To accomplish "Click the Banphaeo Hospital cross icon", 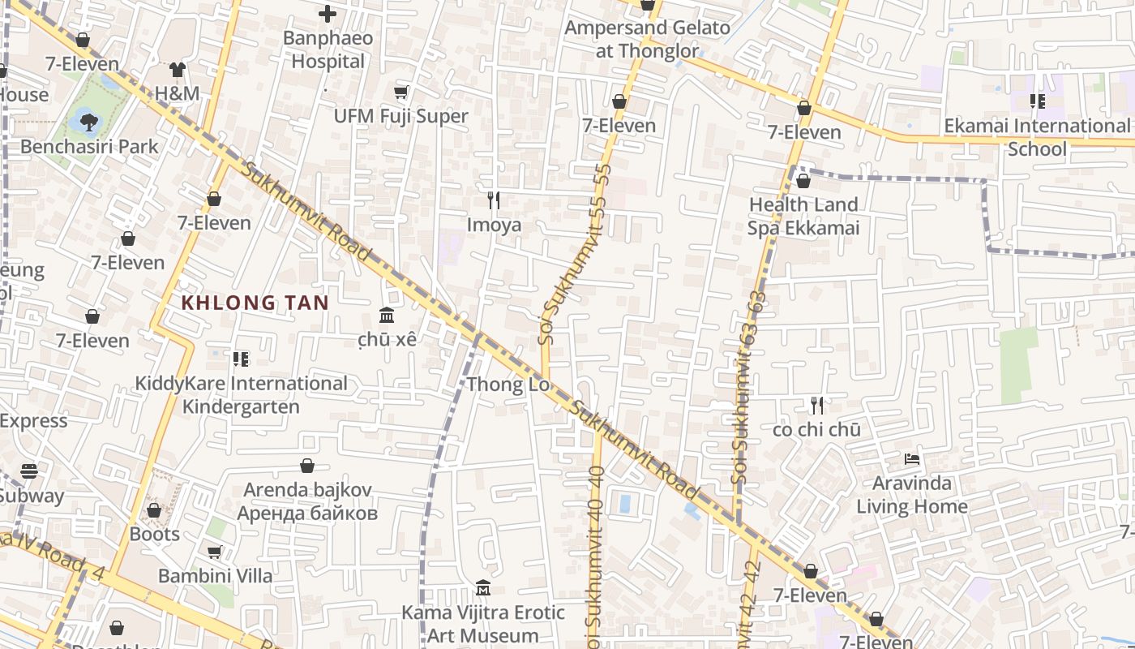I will pyautogui.click(x=328, y=14).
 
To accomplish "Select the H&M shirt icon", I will pyautogui.click(x=178, y=70).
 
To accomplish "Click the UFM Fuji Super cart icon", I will pyautogui.click(x=400, y=92).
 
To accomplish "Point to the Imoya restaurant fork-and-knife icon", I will pyautogui.click(x=494, y=200).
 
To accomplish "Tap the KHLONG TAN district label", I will pyautogui.click(x=255, y=303).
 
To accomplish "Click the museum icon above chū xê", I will pyautogui.click(x=387, y=315).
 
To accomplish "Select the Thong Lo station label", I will pyautogui.click(x=508, y=384).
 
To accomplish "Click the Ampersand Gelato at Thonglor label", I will pyautogui.click(x=647, y=39).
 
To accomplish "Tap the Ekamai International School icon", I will pyautogui.click(x=1037, y=101).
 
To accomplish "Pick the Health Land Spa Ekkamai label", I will pyautogui.click(x=803, y=216).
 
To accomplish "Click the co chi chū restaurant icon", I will pyautogui.click(x=817, y=405).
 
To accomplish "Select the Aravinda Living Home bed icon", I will pyautogui.click(x=912, y=459).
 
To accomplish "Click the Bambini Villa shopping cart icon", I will pyautogui.click(x=215, y=552).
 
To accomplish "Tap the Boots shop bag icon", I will pyautogui.click(x=154, y=510).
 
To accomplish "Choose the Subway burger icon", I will pyautogui.click(x=29, y=471).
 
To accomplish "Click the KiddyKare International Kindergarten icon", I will pyautogui.click(x=240, y=359).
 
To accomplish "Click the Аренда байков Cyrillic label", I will pyautogui.click(x=307, y=513).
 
